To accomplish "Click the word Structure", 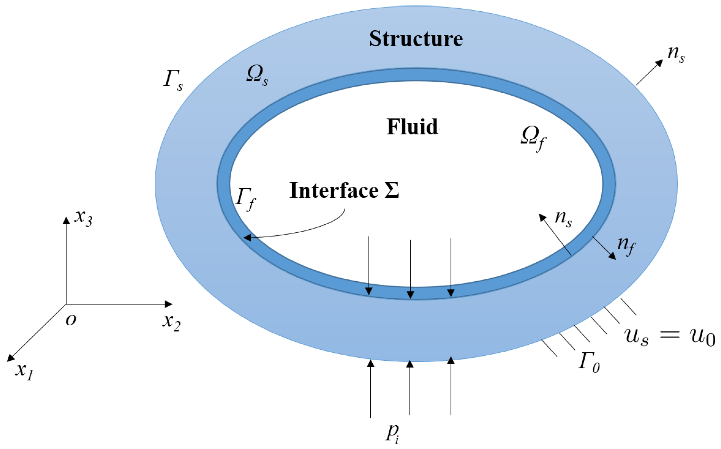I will [x=416, y=39].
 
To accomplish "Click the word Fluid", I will [x=412, y=127].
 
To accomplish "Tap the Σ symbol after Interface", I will [x=392, y=190].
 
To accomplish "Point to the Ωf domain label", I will [x=533, y=138].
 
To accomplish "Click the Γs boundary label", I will [x=173, y=79].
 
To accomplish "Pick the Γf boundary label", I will [x=246, y=199].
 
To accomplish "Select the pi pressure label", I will [x=392, y=433].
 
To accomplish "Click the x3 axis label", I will [x=83, y=218].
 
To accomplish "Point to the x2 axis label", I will [x=171, y=322].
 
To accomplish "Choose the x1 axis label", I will [x=24, y=371].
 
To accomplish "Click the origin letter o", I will [x=71, y=320].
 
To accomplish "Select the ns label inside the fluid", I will [x=563, y=218].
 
